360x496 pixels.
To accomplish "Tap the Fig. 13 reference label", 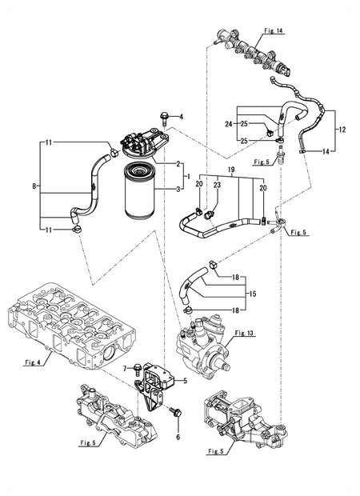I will (244, 332).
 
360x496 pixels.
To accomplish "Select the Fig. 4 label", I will (33, 362).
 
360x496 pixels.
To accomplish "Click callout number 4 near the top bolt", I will (181, 117).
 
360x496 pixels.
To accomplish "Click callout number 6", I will (177, 439).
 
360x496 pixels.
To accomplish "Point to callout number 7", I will (125, 367).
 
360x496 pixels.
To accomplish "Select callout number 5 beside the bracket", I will (185, 382).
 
